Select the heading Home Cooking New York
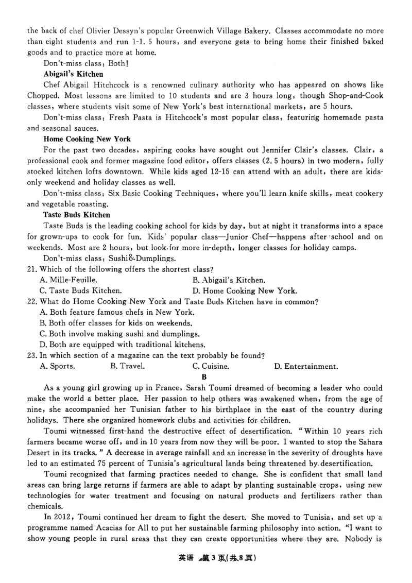(87, 139)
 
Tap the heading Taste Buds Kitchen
(77, 214)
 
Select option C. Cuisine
(211, 367)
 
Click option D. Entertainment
(306, 367)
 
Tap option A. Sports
(57, 367)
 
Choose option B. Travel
(127, 367)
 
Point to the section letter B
(204, 377)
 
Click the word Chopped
(43, 96)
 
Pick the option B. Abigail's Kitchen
(229, 280)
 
